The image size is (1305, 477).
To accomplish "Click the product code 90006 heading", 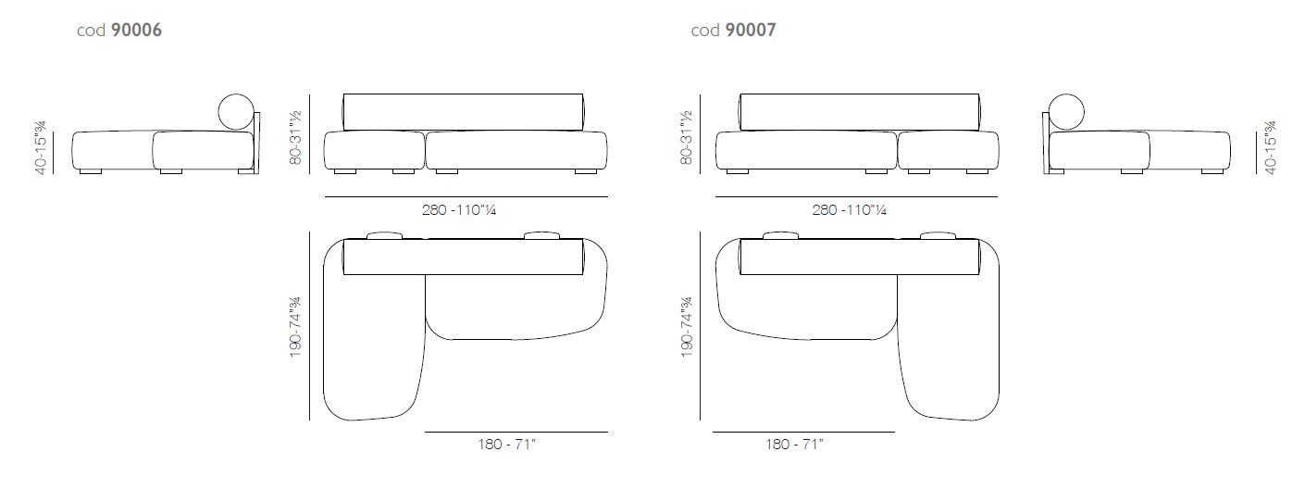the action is point(119,30).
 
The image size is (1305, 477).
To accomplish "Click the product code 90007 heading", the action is point(733,30).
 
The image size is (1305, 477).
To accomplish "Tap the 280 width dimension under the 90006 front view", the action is point(459,210).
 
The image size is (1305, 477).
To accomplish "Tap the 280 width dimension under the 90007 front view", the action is point(850,210).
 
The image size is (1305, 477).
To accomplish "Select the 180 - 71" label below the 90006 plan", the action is point(507,445).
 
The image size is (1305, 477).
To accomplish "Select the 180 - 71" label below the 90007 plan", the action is point(795,445).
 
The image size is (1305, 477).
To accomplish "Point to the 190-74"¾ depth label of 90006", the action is point(295,327).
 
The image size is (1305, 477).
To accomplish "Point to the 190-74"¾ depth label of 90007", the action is point(687,327).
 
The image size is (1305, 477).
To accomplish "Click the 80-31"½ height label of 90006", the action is point(295,137).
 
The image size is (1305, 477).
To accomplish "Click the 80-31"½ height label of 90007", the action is point(687,137).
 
